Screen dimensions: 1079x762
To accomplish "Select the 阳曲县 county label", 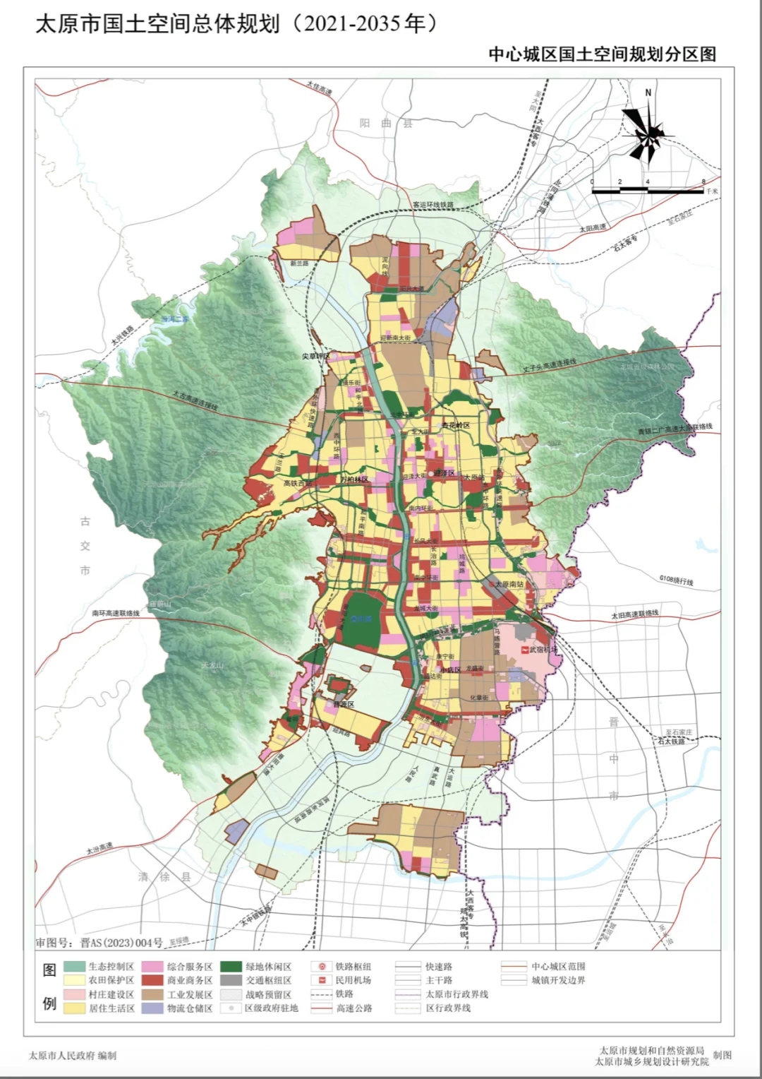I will (386, 123).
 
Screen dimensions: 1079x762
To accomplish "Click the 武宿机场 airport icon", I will (524, 649).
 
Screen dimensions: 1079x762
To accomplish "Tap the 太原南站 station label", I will (509, 584).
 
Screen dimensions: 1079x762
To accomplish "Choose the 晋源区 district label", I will (344, 705).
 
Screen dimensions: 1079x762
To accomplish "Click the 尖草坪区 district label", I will (316, 356).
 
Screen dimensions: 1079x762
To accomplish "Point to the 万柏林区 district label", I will (354, 479).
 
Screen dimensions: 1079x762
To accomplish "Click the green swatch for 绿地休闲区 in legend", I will (231, 967).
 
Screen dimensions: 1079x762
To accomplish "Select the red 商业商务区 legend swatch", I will (152, 981).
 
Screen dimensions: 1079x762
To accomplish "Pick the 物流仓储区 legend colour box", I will (152, 1008).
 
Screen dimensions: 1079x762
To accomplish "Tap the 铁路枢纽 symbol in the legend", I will (322, 967).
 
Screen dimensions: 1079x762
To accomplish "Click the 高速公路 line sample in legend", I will (322, 1008).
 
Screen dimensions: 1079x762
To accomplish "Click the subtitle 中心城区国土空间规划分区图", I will (602, 54).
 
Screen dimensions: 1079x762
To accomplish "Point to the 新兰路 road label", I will (299, 263).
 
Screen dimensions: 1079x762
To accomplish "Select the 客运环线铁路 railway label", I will (433, 205).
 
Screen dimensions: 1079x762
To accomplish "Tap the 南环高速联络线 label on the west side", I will (116, 613).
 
